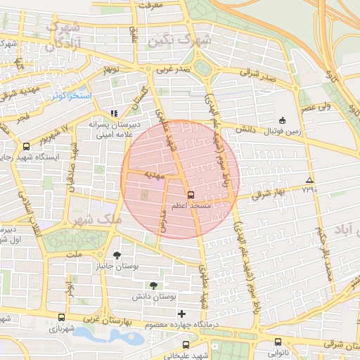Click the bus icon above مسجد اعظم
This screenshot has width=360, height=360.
point(191,195)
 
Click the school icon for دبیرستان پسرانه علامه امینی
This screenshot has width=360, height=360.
point(115,113)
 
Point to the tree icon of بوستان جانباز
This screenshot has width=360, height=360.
point(117,255)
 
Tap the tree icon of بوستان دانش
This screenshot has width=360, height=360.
point(153,285)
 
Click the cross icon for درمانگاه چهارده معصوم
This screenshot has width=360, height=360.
point(182,313)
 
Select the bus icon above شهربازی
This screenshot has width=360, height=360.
point(61,317)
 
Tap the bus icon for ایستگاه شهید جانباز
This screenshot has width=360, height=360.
point(26,146)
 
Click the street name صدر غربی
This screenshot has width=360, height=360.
point(173,70)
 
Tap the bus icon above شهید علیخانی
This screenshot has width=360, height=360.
point(186,345)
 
